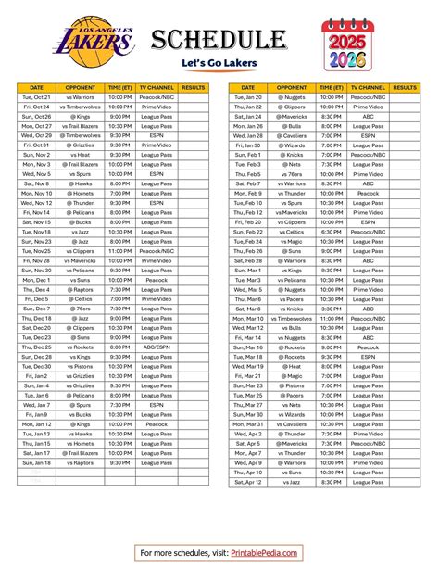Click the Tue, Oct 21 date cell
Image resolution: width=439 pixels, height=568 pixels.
tap(37, 96)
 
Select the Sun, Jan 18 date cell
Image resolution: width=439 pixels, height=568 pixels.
tap(37, 462)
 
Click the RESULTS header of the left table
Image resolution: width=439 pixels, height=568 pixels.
tap(193, 86)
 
